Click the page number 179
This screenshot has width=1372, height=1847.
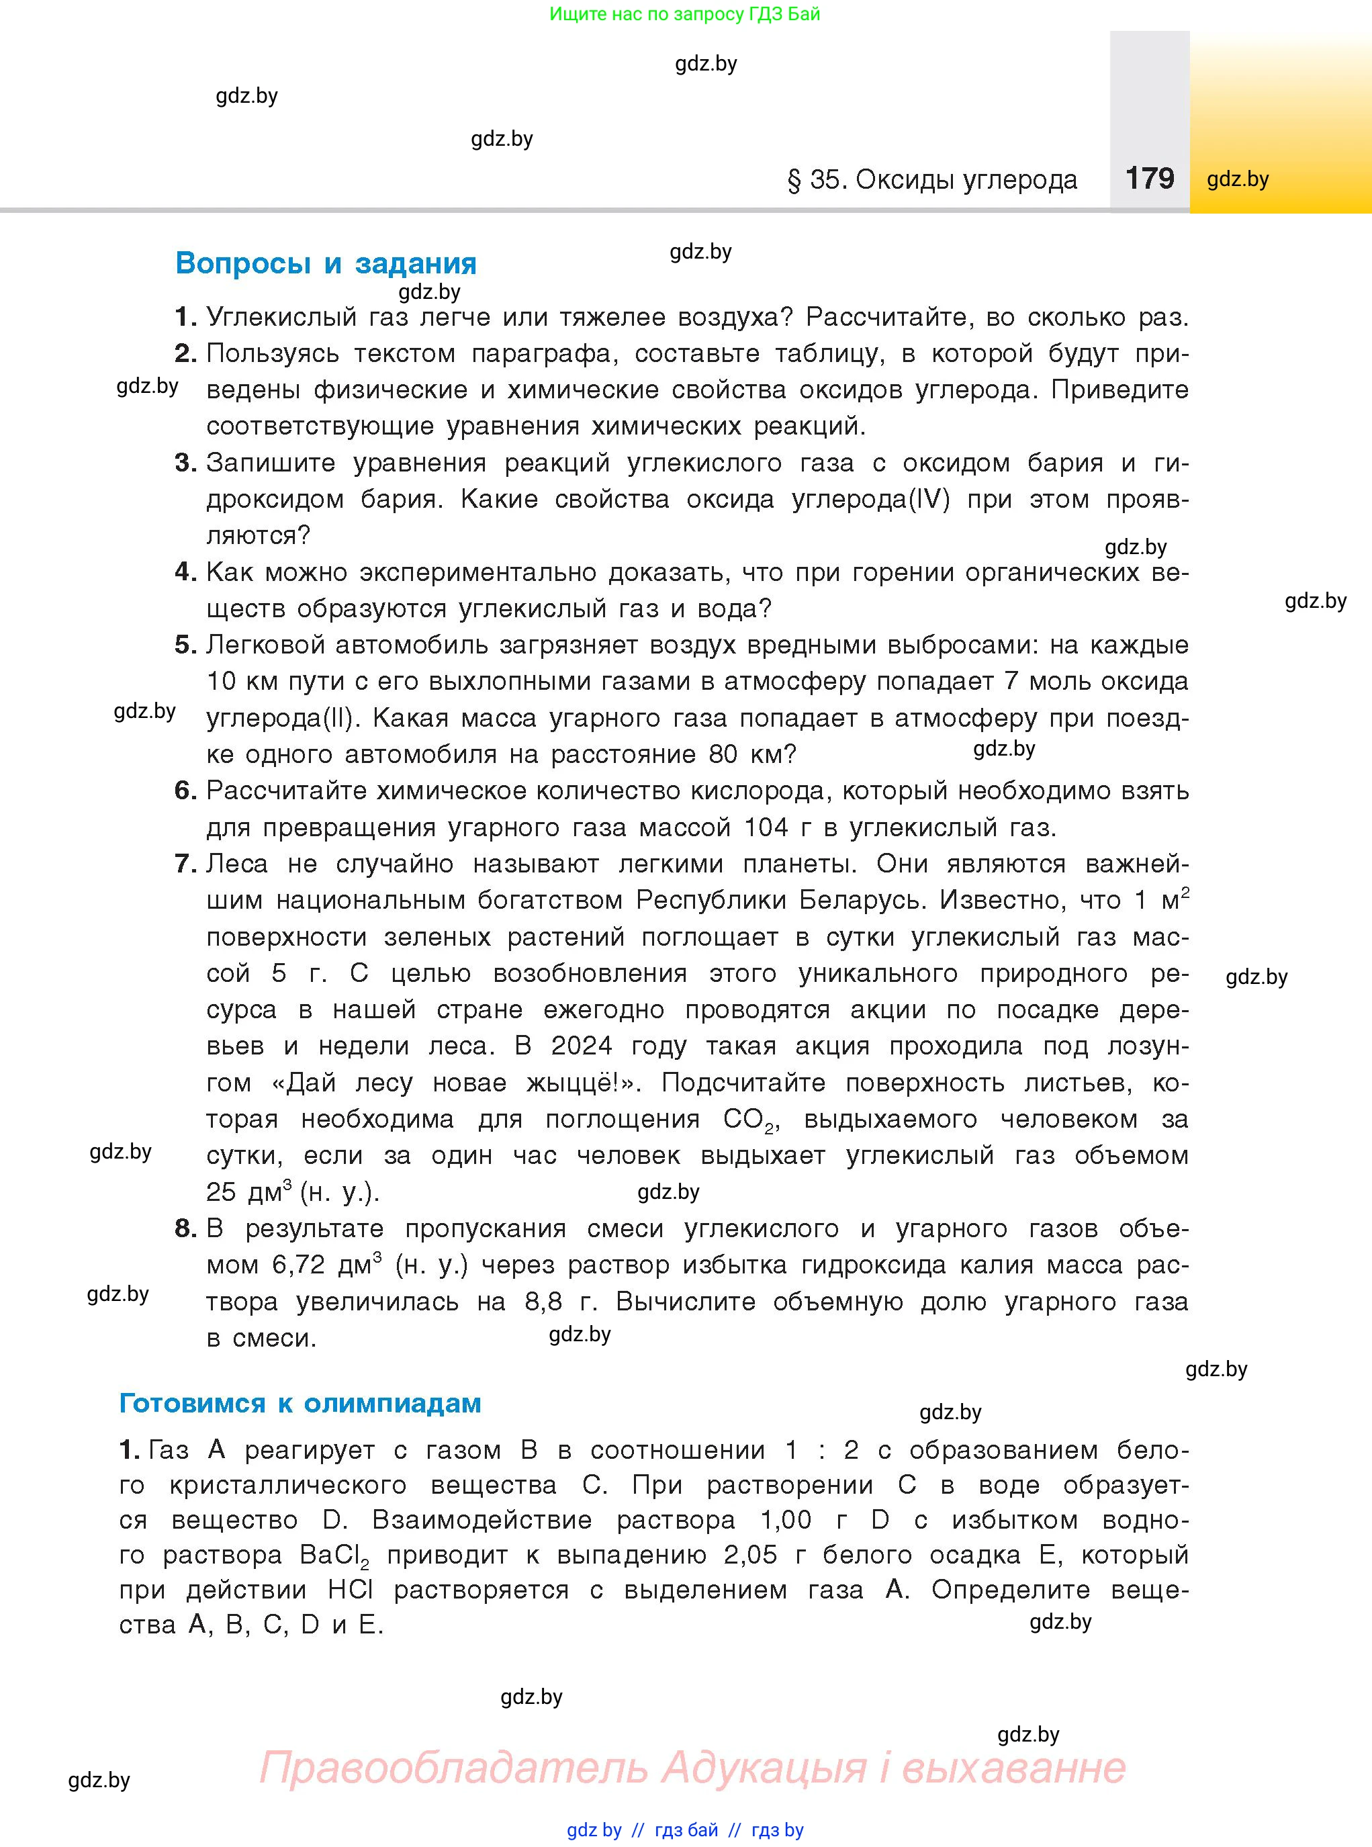[x=1150, y=178]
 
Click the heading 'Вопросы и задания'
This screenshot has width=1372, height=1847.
[x=326, y=263]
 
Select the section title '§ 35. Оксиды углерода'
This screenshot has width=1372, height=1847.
[x=932, y=179]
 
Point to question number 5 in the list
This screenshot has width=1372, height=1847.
[x=185, y=645]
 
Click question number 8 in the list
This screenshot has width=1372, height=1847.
[x=185, y=1228]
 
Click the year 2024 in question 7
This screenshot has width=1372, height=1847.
[x=580, y=1046]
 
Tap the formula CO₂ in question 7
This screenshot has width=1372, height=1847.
[x=748, y=1120]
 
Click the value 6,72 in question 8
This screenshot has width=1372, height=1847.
[x=300, y=1265]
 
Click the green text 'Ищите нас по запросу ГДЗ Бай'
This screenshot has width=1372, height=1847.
[x=684, y=14]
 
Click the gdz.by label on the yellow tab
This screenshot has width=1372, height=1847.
[x=1238, y=179]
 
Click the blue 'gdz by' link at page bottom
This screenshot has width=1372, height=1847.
[x=594, y=1830]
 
